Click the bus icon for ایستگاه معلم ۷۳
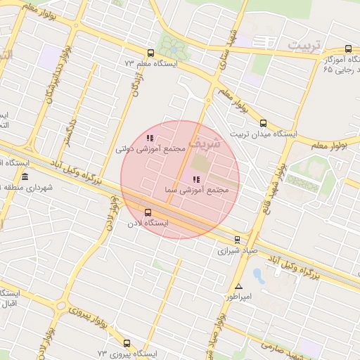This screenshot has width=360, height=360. point(150,53)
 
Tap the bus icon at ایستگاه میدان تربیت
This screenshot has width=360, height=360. point(264,124)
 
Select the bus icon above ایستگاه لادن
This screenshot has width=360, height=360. point(148,212)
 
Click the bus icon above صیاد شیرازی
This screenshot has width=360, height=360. point(237,239)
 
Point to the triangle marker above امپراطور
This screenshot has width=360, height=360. point(239,287)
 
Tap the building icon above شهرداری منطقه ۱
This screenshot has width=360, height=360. point(25,176)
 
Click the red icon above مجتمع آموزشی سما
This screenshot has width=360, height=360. point(195,180)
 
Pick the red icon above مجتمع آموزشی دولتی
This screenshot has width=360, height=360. point(150,139)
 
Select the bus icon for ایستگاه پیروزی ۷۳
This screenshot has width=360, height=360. point(127,343)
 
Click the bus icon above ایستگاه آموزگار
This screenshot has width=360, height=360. point(348,49)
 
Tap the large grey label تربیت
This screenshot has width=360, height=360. point(303,45)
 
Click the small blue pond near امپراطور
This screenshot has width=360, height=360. point(259,276)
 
